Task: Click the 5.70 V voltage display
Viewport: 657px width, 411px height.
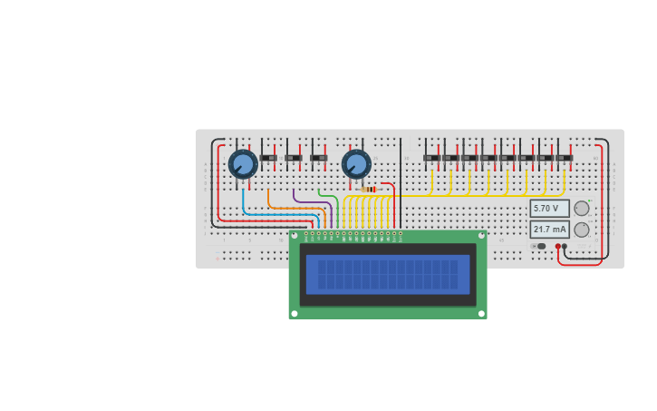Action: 548,208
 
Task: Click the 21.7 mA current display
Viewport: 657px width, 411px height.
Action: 549,230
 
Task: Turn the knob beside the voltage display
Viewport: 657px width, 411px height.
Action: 582,208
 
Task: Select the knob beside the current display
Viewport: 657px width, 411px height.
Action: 582,230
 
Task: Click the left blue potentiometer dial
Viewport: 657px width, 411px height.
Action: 243,164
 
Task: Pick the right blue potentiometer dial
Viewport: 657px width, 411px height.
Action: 356,164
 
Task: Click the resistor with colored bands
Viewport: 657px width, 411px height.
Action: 369,189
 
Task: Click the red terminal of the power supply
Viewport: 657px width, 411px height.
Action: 557,246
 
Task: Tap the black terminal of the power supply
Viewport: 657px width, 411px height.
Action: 565,246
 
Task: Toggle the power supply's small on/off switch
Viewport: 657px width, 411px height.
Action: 540,246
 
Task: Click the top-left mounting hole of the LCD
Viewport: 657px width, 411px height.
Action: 294,236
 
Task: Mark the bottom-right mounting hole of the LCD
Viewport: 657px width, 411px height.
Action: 482,314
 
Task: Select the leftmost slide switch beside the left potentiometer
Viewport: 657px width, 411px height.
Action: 269,158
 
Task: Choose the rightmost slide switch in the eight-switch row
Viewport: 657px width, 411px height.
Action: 565,158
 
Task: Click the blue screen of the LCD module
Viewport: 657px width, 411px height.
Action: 388,274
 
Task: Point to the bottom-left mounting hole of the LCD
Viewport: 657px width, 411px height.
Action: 294,314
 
